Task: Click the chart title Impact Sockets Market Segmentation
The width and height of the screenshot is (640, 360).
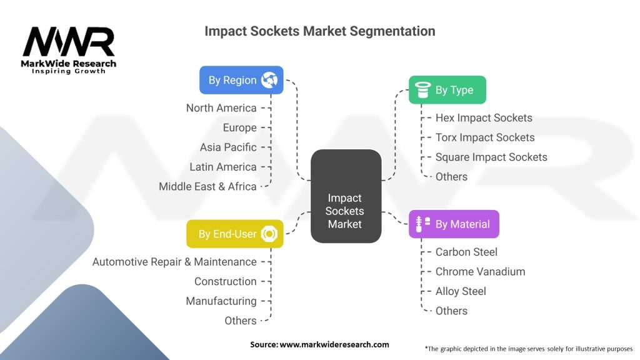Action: [x=319, y=31]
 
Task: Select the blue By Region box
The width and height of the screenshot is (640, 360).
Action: [x=241, y=80]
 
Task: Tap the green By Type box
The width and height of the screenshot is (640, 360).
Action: [x=447, y=90]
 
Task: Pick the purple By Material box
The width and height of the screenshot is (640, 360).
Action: [x=454, y=224]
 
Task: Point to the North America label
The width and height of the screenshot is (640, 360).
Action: [x=221, y=108]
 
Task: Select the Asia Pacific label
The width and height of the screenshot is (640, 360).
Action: [x=228, y=147]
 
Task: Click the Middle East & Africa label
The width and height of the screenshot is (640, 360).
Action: [x=207, y=186]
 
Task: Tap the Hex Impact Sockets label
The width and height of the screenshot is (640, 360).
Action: [x=484, y=118]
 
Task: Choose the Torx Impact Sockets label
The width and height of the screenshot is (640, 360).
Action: [x=485, y=137]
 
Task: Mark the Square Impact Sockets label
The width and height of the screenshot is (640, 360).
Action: [x=491, y=157]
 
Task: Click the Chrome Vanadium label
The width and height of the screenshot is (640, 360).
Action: [x=480, y=271]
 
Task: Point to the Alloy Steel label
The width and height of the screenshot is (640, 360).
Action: [x=461, y=291]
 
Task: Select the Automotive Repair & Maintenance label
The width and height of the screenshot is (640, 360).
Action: [x=174, y=262]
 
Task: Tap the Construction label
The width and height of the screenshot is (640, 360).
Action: [x=225, y=281]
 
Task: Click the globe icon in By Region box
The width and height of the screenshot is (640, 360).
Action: [x=269, y=80]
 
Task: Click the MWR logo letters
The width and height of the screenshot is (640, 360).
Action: [x=69, y=42]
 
